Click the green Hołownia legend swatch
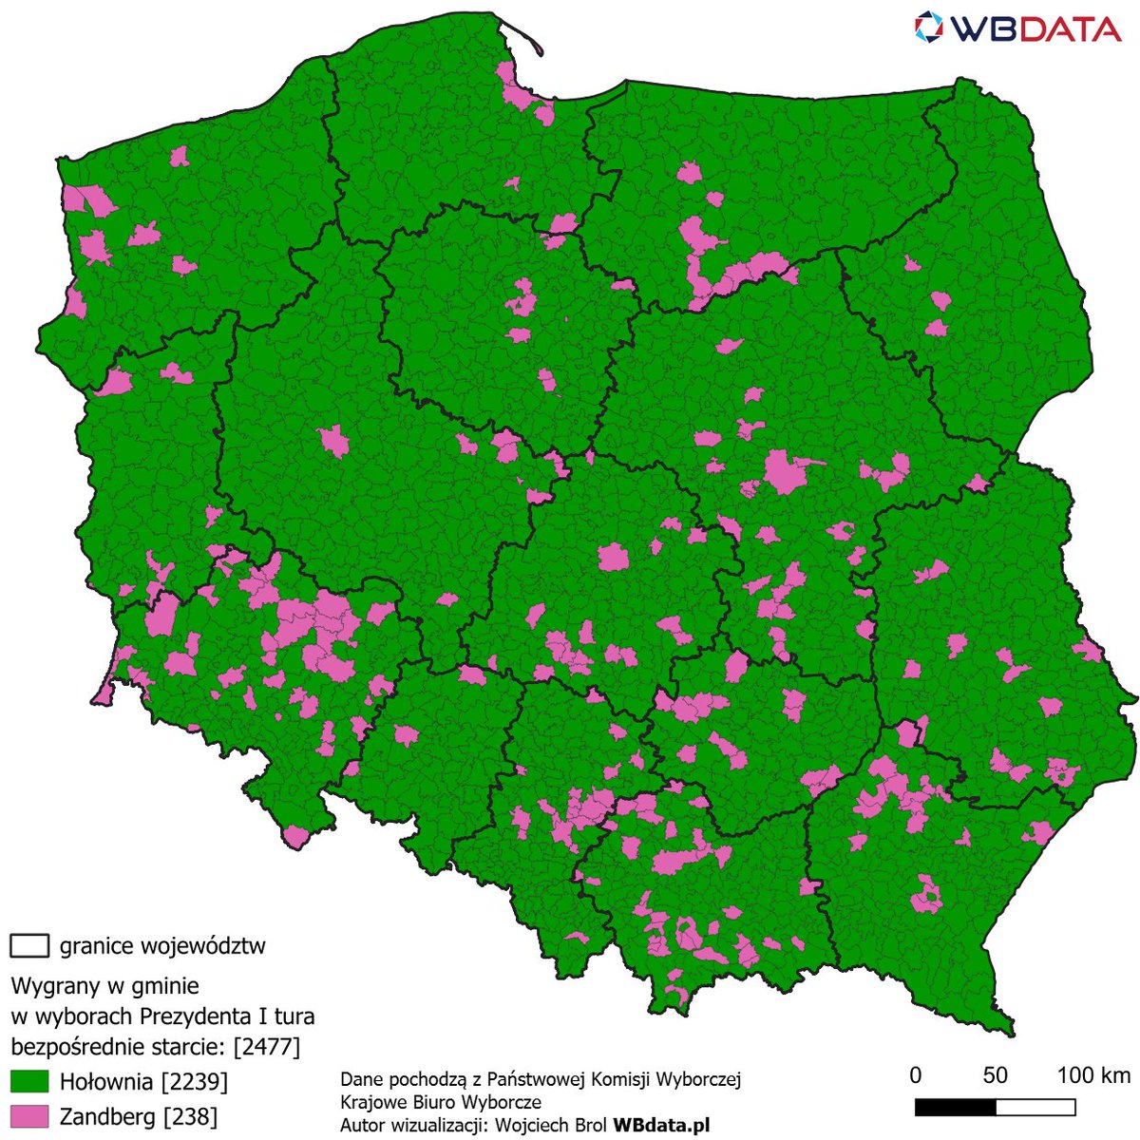tap(29, 1081)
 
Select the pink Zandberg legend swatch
tap(29, 1115)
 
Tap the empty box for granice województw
tap(29, 945)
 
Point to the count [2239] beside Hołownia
tap(195, 1082)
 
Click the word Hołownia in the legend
tap(105, 1082)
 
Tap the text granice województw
tap(162, 946)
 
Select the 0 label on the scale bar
tap(915, 1075)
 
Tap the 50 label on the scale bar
tap(995, 1075)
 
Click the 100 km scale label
tap(1093, 1075)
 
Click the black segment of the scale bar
tap(955, 1108)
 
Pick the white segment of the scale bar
tap(1035, 1108)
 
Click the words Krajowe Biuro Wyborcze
tap(441, 1103)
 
